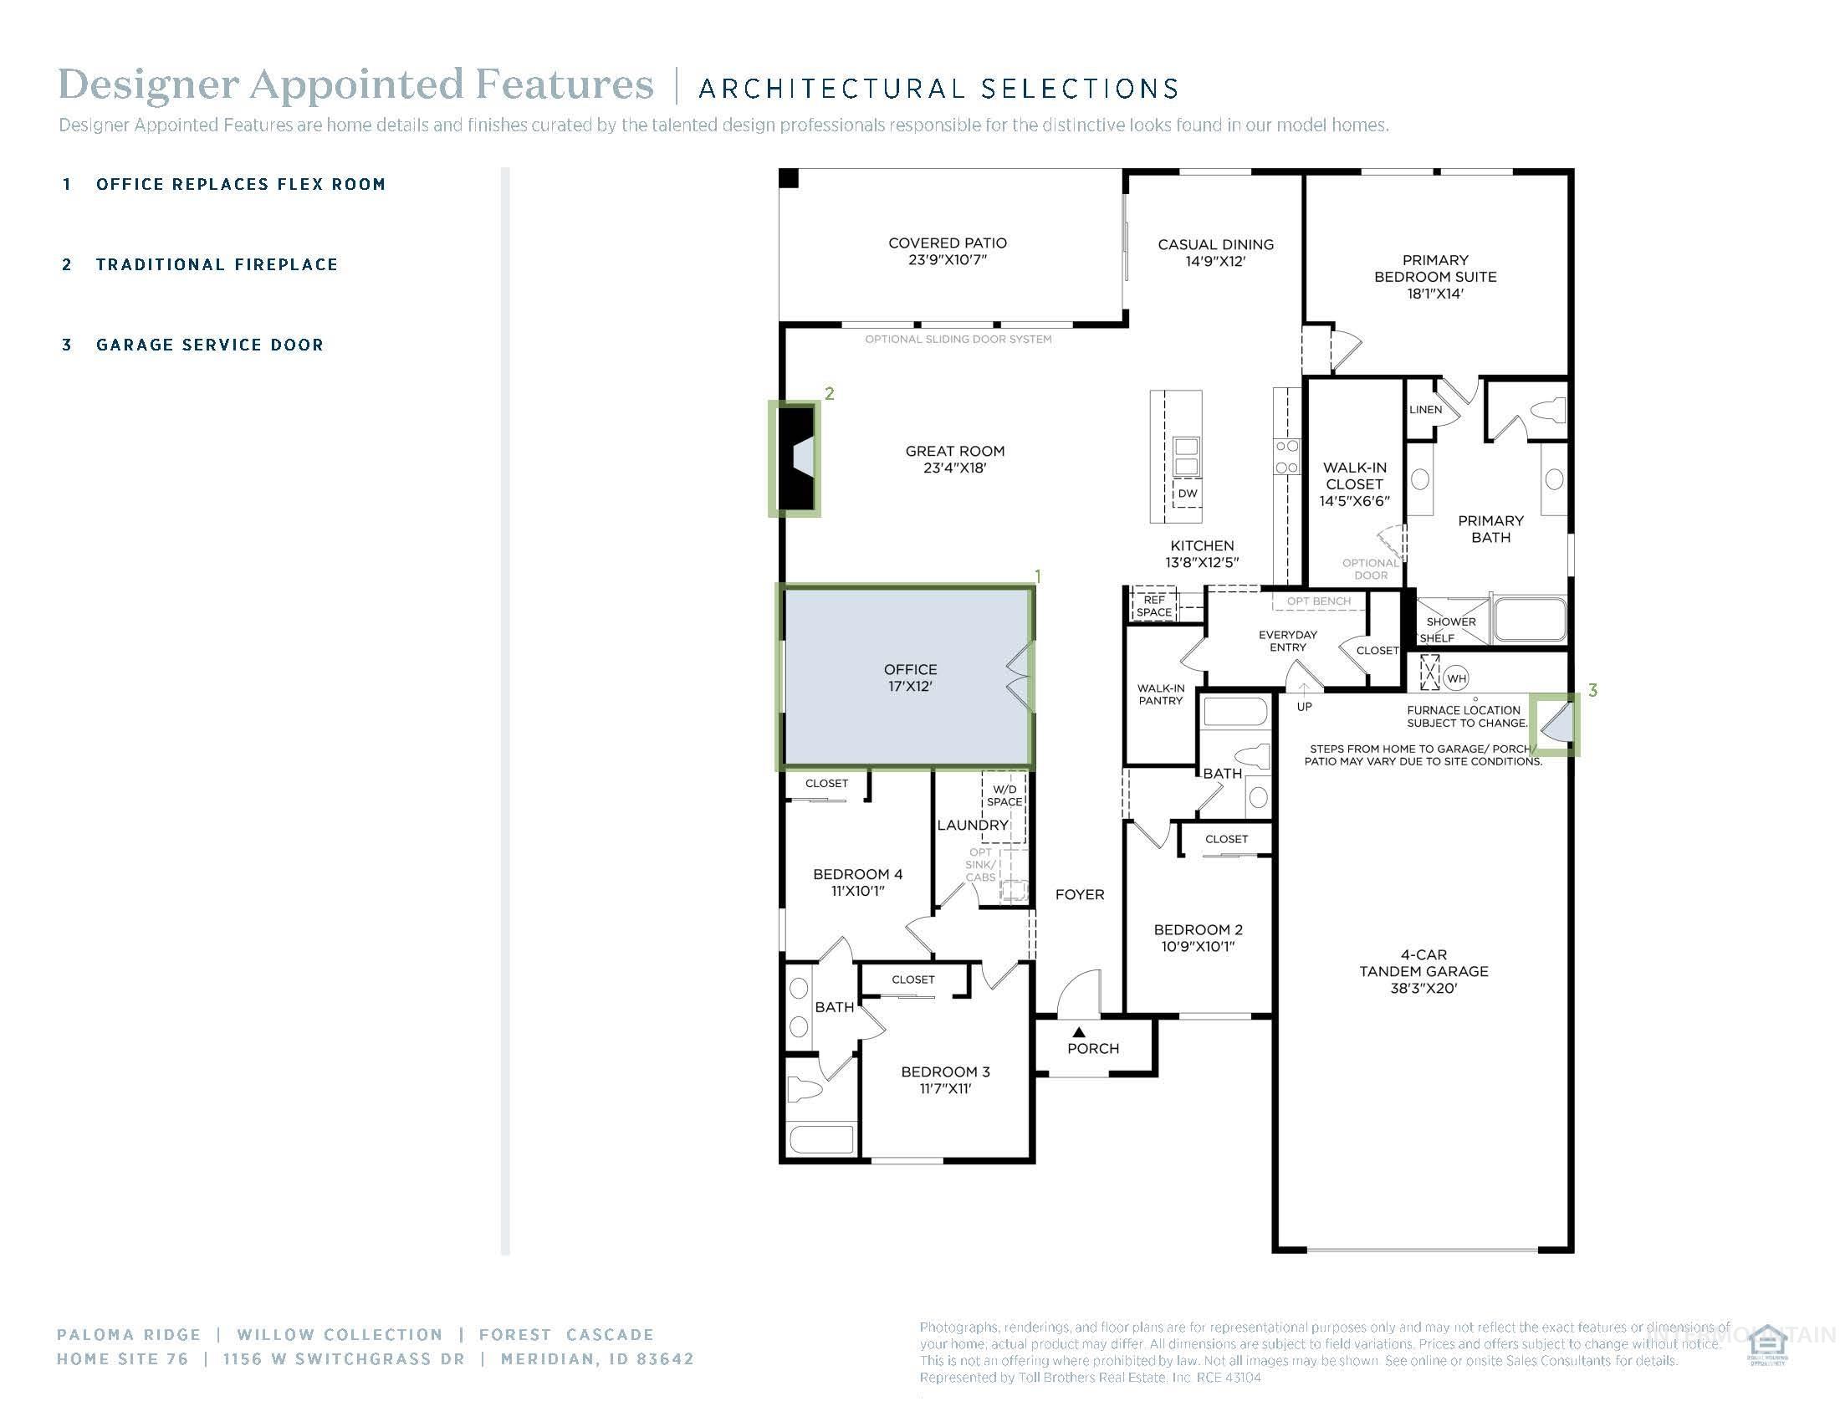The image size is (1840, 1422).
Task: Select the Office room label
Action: (909, 678)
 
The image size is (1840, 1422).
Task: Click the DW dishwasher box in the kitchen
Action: (1186, 494)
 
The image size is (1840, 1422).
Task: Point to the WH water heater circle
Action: (1456, 678)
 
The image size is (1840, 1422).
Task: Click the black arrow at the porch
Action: (1078, 1032)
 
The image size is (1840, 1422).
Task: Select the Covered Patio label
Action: (947, 251)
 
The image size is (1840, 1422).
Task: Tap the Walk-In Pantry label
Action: (1160, 694)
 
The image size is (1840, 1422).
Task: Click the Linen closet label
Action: (1424, 410)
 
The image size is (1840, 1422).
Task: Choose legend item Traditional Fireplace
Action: (217, 264)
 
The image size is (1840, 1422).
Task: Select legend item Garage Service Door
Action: (210, 345)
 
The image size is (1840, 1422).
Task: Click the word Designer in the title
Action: (147, 84)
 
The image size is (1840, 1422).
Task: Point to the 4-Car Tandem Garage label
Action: (1423, 970)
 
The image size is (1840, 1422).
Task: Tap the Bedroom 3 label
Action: (944, 1079)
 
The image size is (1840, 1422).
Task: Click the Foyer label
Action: (1079, 895)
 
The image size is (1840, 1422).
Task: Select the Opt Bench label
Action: (1318, 601)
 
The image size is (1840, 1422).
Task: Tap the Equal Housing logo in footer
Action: (1766, 1345)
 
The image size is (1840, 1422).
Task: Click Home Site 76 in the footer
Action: (122, 1358)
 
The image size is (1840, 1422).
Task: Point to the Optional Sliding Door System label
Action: (958, 340)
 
